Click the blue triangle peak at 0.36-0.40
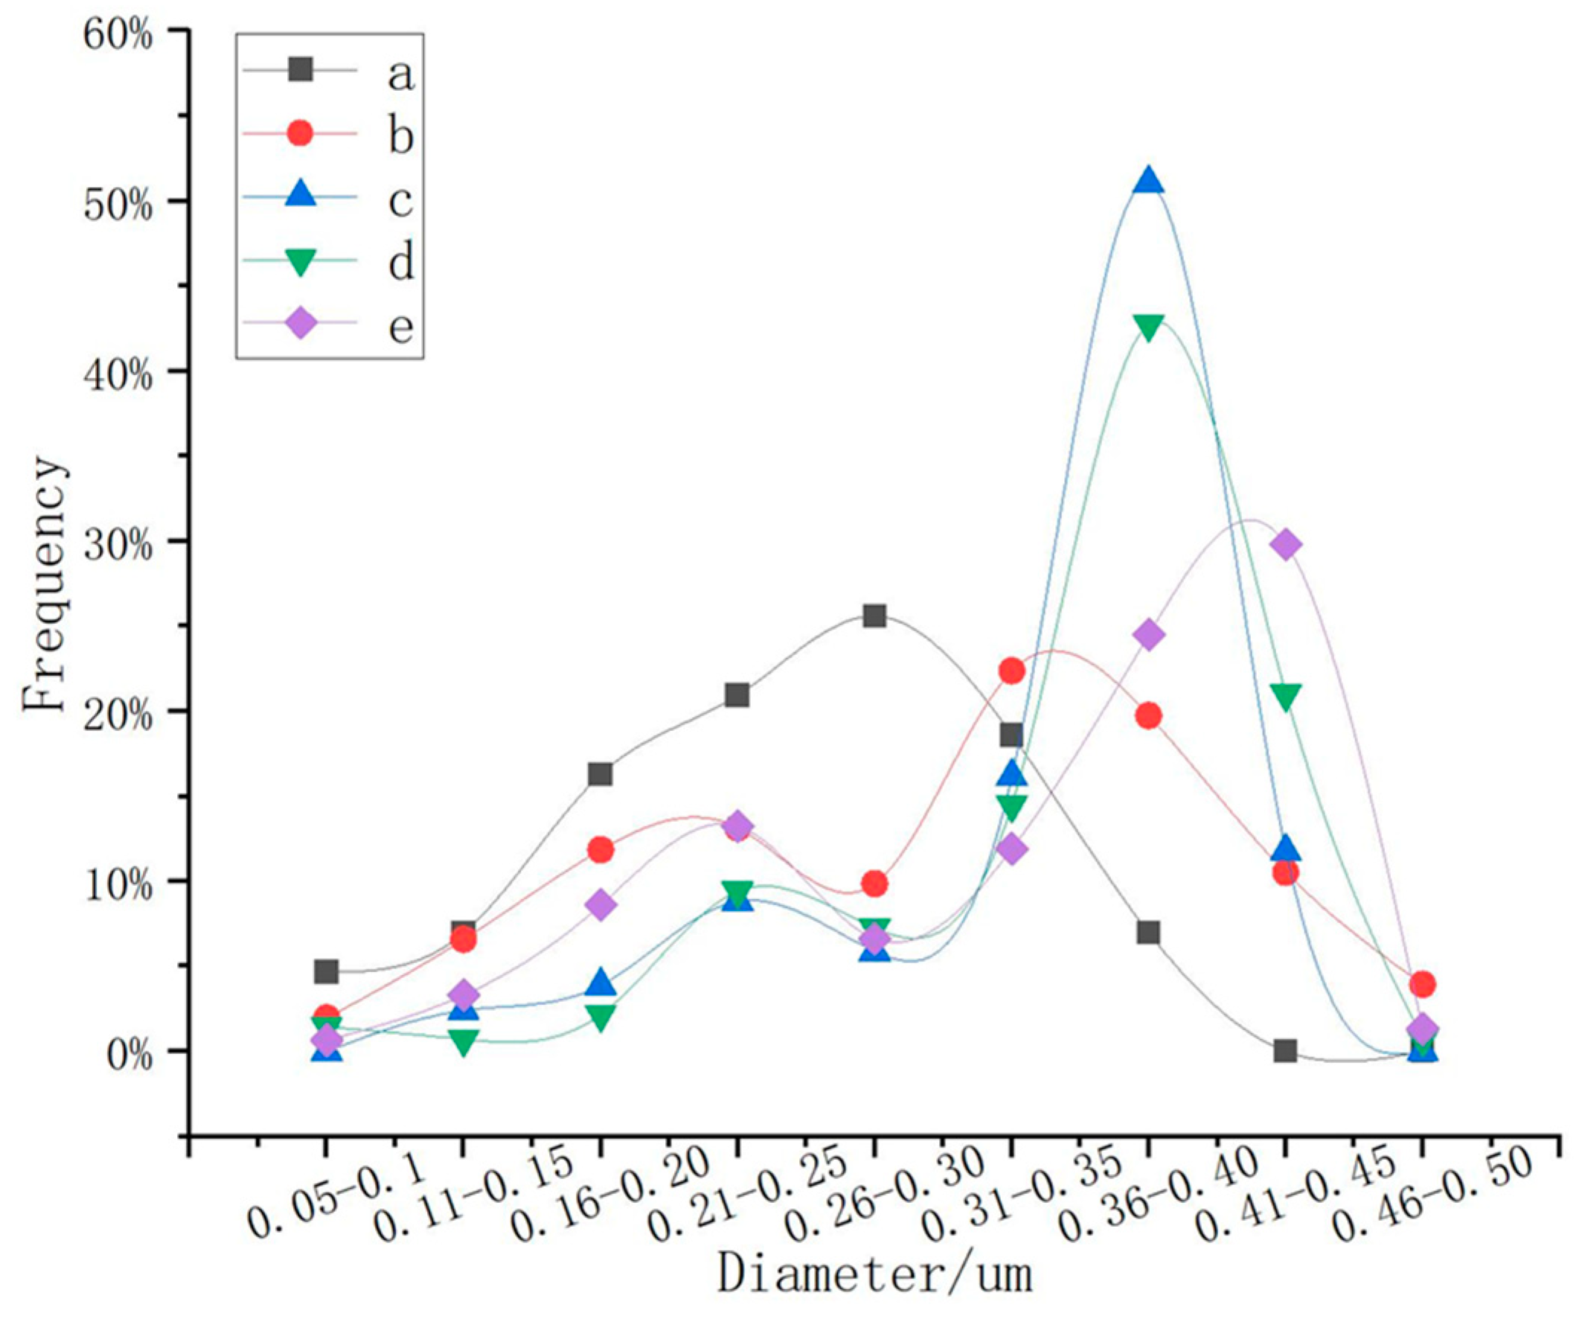[x=1148, y=182]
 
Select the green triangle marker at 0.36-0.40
[x=1148, y=327]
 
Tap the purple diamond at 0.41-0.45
[x=1285, y=544]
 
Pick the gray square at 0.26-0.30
[x=874, y=616]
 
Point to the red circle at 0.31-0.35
[x=1011, y=671]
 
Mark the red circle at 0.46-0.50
[x=1422, y=984]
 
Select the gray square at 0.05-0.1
[x=326, y=971]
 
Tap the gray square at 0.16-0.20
[x=600, y=774]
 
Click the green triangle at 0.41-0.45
[x=1285, y=696]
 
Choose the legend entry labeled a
[x=401, y=73]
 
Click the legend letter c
[x=401, y=200]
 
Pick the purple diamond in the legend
[x=301, y=325]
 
